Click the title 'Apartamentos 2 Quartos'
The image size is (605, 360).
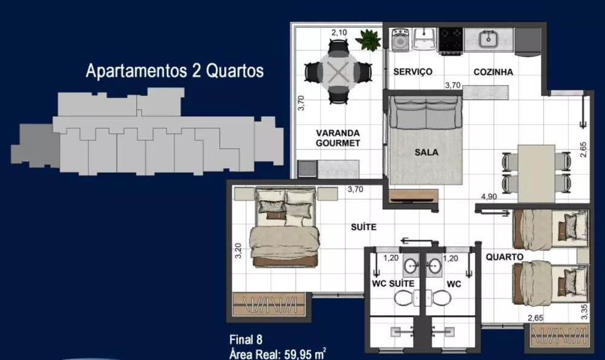point(175,71)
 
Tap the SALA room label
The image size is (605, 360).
point(426,153)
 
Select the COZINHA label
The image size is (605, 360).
point(493,72)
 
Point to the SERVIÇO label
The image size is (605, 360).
point(413,72)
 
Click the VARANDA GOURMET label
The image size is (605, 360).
point(338,138)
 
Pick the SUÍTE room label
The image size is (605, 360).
point(364,227)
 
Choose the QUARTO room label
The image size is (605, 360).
point(504,257)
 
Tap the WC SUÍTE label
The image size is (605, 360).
point(393,283)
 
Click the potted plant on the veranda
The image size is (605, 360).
point(368,40)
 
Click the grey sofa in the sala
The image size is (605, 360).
point(426,114)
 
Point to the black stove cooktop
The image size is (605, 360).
point(451,40)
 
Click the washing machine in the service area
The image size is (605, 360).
point(399,41)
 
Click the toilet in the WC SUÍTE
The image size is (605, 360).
point(403,297)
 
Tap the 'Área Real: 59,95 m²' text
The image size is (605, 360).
point(278,353)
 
